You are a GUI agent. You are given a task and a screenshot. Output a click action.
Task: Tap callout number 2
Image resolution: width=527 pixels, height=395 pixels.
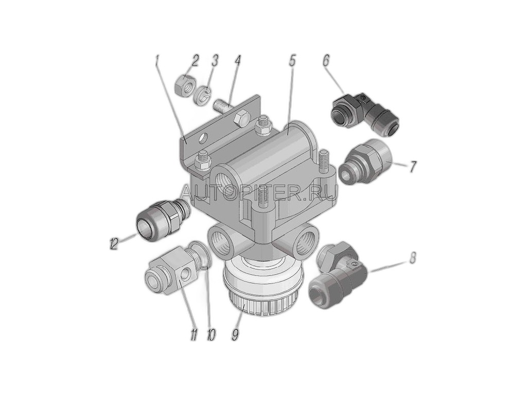click(x=195, y=61)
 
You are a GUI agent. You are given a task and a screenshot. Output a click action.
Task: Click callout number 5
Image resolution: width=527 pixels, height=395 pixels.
click(x=292, y=61)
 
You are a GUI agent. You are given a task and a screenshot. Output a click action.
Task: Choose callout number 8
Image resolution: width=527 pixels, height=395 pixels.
click(x=413, y=258)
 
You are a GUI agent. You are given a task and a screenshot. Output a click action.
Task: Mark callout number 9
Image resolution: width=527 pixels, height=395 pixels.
click(x=235, y=334)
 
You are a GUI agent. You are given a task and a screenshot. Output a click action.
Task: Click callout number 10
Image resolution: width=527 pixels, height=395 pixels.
click(x=210, y=335)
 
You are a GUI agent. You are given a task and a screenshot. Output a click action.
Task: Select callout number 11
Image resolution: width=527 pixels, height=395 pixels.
click(x=194, y=335)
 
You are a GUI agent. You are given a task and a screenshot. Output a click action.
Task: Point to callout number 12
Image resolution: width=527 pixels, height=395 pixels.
click(x=113, y=243)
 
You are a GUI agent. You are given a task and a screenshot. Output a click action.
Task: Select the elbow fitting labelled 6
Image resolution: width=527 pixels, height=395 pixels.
click(x=365, y=114)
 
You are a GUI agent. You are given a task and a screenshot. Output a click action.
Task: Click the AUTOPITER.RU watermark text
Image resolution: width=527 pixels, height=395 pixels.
click(x=258, y=193)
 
